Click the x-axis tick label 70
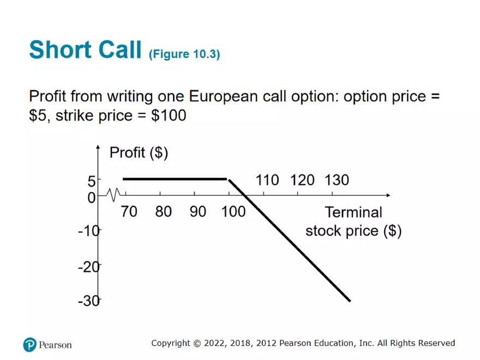click(x=129, y=212)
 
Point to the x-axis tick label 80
click(x=163, y=212)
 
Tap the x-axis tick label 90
click(x=198, y=212)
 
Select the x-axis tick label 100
click(x=233, y=212)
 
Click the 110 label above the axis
click(x=267, y=180)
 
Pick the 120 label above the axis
click(x=302, y=180)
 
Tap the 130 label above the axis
click(x=337, y=180)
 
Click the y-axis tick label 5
click(x=92, y=181)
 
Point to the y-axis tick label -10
click(x=89, y=231)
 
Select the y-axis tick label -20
click(x=89, y=266)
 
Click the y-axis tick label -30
click(x=89, y=301)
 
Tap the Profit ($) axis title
click(x=139, y=153)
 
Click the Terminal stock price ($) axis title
click(x=353, y=221)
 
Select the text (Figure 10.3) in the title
click(x=184, y=54)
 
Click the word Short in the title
click(x=59, y=50)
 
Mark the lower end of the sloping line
click(x=349, y=301)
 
